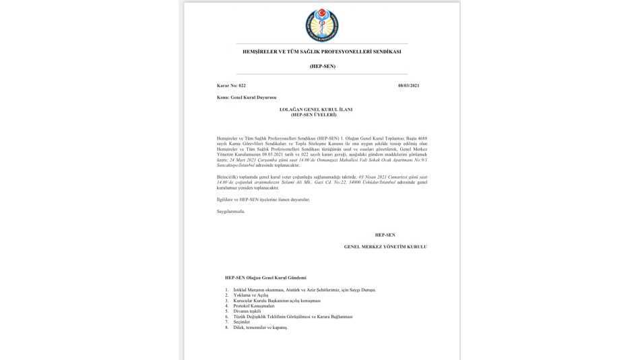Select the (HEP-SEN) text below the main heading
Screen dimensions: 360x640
click(x=322, y=66)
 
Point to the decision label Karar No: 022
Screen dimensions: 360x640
click(x=232, y=86)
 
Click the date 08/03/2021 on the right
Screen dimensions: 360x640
click(x=409, y=86)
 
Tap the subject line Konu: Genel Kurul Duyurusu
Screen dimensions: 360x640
click(x=247, y=98)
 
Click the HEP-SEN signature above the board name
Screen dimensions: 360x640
click(x=385, y=235)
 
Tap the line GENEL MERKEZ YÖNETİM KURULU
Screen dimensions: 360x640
click(x=385, y=247)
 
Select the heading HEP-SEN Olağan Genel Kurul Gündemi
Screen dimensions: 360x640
click(x=265, y=278)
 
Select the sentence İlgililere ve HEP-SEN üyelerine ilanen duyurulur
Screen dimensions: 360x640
click(x=263, y=200)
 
